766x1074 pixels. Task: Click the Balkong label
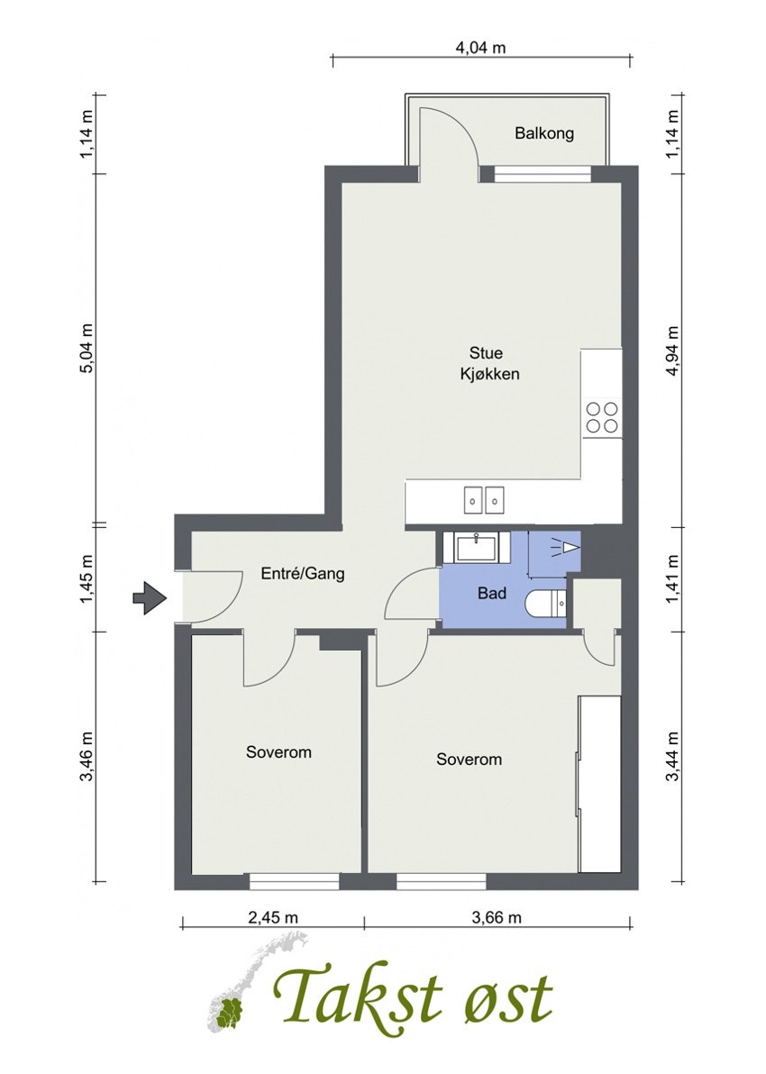pyautogui.click(x=544, y=133)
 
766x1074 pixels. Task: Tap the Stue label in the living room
pyautogui.click(x=486, y=353)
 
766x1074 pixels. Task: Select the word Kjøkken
pyautogui.click(x=489, y=375)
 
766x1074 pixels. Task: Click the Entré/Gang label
pyautogui.click(x=302, y=573)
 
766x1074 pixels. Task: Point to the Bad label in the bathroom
pyautogui.click(x=492, y=593)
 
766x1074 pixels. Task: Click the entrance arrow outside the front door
pyautogui.click(x=150, y=598)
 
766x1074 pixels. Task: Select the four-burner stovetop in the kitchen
pyautogui.click(x=602, y=418)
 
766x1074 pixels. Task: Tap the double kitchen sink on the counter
pyautogui.click(x=485, y=500)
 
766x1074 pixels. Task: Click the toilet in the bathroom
pyautogui.click(x=546, y=604)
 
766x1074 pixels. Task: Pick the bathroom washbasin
pyautogui.click(x=476, y=547)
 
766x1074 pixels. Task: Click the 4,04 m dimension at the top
pyautogui.click(x=481, y=47)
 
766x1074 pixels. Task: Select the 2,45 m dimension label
pyautogui.click(x=273, y=918)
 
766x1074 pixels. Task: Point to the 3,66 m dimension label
pyautogui.click(x=497, y=918)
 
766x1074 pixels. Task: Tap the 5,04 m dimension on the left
pyautogui.click(x=87, y=348)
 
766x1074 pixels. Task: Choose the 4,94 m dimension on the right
pyautogui.click(x=672, y=350)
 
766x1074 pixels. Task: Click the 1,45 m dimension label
pyautogui.click(x=87, y=579)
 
